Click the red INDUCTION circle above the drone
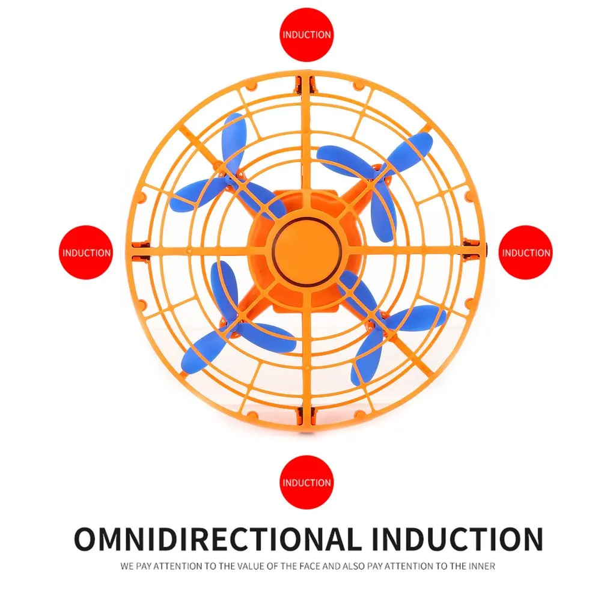[307, 35]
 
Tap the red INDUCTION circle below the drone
[307, 483]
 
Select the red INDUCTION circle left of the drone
[86, 252]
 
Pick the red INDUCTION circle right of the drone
[525, 252]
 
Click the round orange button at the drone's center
[307, 252]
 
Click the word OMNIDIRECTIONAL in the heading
[215, 539]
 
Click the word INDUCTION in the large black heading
[457, 539]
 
